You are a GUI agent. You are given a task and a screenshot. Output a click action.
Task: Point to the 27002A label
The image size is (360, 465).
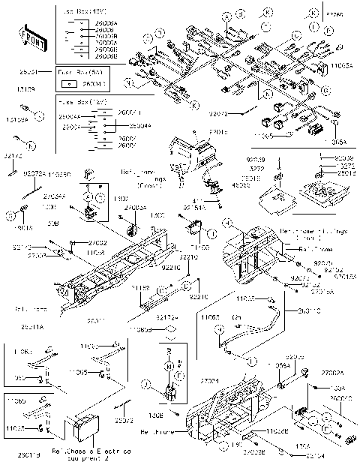coord(331,373)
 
